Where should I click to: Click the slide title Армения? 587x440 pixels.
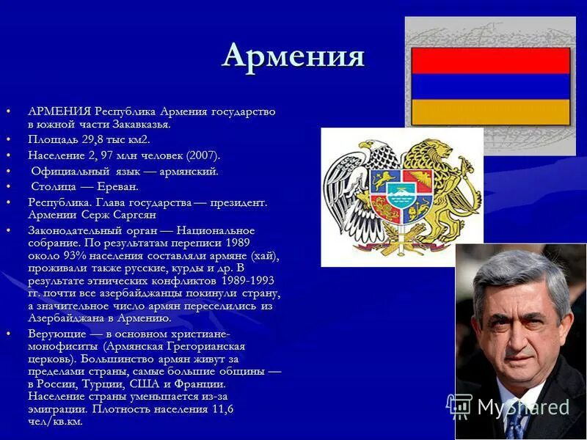pyautogui.click(x=293, y=56)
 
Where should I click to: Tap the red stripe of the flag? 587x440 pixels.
pyautogui.click(x=490, y=60)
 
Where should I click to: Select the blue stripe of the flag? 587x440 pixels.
pyautogui.click(x=490, y=87)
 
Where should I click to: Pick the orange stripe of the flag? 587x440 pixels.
pyautogui.click(x=490, y=111)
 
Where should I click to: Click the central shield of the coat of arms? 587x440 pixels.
pyautogui.click(x=401, y=194)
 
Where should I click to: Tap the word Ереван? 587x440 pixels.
pyautogui.click(x=116, y=186)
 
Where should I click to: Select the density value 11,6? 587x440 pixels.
pyautogui.click(x=219, y=409)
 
